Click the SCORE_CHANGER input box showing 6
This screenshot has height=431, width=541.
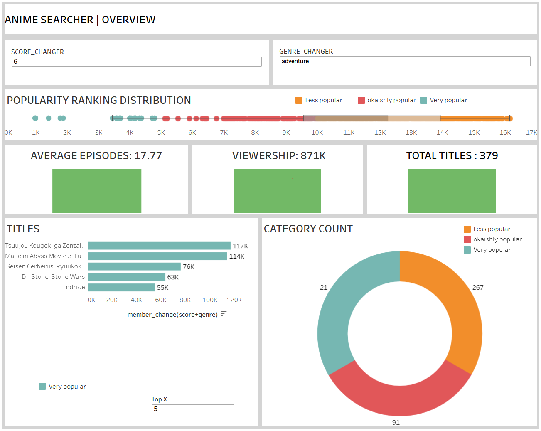point(136,62)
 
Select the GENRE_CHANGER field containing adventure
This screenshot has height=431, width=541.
point(404,61)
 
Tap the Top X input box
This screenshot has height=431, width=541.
point(192,409)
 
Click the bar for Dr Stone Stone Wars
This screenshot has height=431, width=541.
point(126,277)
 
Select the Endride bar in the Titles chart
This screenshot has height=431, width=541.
point(121,287)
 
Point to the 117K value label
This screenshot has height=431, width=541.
point(240,246)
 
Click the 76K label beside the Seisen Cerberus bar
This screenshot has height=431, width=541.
point(188,266)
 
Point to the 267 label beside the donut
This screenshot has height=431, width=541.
point(477,287)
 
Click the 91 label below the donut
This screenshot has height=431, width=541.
point(396,422)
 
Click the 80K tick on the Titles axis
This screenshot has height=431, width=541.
point(185,300)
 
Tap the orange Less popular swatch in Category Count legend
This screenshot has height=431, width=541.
point(467,229)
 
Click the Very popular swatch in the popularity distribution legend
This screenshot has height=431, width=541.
point(423,100)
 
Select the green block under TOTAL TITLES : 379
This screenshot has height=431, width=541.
point(452,191)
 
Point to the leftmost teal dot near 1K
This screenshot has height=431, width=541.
point(35,118)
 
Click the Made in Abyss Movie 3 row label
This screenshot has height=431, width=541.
point(45,256)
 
